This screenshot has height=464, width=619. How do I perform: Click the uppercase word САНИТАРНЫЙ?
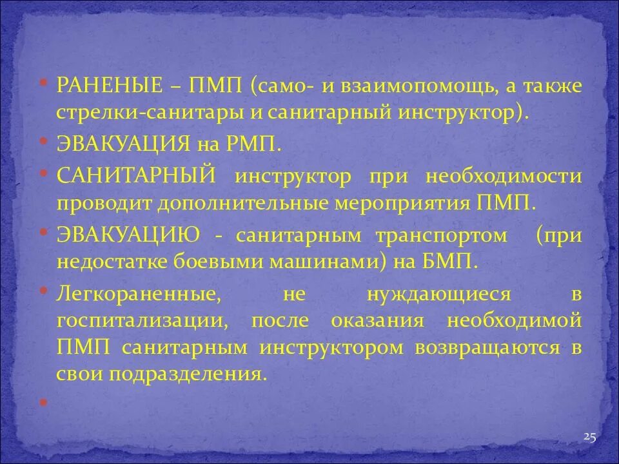click(x=135, y=176)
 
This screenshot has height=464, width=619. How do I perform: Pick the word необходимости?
click(x=504, y=176)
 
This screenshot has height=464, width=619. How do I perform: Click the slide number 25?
click(x=589, y=437)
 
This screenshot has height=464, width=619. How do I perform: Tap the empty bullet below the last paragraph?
click(x=43, y=401)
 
